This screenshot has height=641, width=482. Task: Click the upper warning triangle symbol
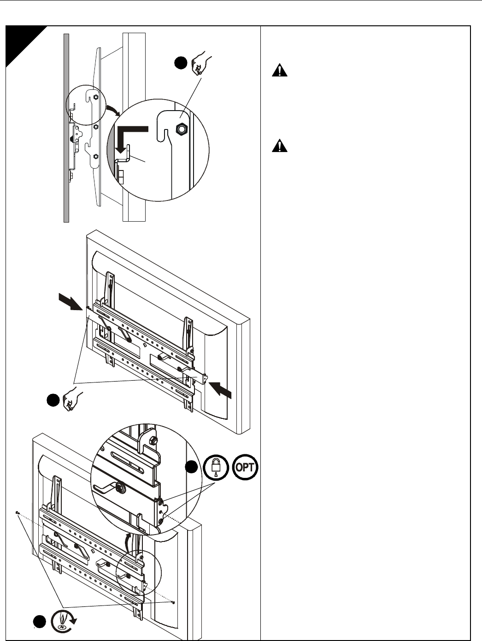(x=279, y=71)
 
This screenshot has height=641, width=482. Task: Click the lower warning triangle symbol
(x=279, y=147)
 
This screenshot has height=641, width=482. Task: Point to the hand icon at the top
(x=202, y=64)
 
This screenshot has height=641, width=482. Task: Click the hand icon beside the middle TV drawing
(x=73, y=399)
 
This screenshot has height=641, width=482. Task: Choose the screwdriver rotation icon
(x=64, y=620)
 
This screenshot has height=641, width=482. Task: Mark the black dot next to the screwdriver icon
(x=40, y=622)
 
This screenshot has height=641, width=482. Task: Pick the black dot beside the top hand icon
(x=181, y=63)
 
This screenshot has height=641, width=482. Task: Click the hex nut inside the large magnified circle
(x=182, y=130)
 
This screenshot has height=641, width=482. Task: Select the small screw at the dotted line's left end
(x=17, y=512)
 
